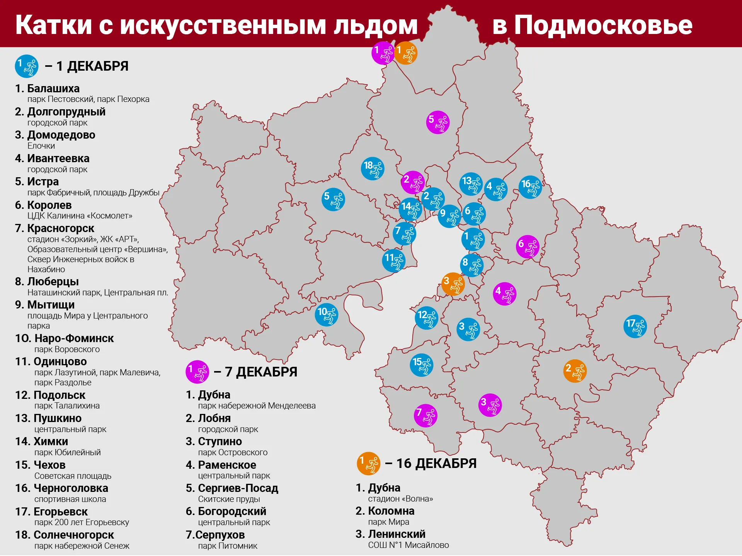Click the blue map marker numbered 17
click(x=635, y=326)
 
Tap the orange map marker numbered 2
click(x=575, y=371)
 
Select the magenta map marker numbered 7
click(x=425, y=415)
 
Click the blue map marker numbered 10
click(x=326, y=315)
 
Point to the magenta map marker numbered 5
click(x=437, y=122)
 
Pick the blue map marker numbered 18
click(x=372, y=169)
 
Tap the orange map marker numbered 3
click(x=453, y=284)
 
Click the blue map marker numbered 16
click(x=530, y=187)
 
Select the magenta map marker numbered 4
click(x=504, y=293)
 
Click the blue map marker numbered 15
click(x=421, y=365)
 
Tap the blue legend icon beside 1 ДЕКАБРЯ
click(x=27, y=66)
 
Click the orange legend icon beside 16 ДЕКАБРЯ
click(x=368, y=463)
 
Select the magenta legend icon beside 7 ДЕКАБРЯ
click(x=197, y=372)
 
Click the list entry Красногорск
click(x=60, y=229)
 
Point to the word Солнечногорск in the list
click(x=73, y=535)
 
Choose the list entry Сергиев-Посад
click(x=238, y=488)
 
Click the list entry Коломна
click(x=391, y=511)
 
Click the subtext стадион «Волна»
click(x=400, y=499)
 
